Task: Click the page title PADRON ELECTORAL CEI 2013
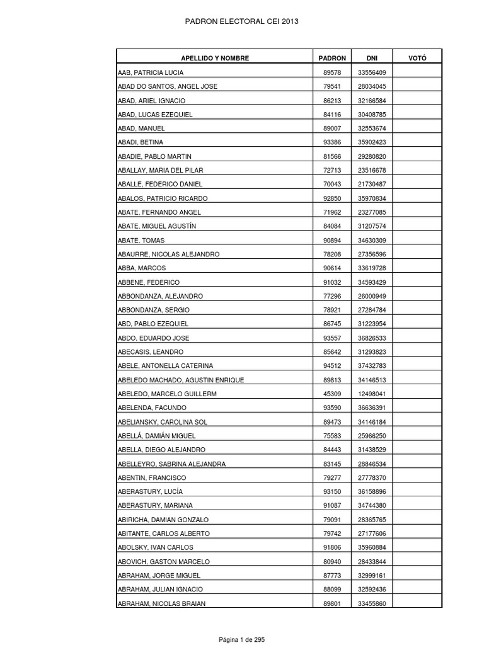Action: [x=241, y=21]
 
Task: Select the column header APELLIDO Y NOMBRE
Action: [x=215, y=58]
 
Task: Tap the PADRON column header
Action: [x=332, y=58]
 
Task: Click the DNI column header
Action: [x=371, y=58]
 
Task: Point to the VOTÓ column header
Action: [x=417, y=58]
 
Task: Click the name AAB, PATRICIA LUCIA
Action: [x=151, y=72]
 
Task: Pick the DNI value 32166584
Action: [x=372, y=101]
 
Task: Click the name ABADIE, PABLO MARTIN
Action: [x=154, y=156]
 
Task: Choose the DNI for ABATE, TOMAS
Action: [x=372, y=240]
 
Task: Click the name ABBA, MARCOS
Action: [x=142, y=268]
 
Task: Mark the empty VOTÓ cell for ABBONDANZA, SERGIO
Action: [x=417, y=310]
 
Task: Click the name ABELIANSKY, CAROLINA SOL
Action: [x=162, y=421]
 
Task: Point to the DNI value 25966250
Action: [x=372, y=435]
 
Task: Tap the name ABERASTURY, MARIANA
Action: [x=155, y=505]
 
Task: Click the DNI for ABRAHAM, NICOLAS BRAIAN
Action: [x=372, y=603]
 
